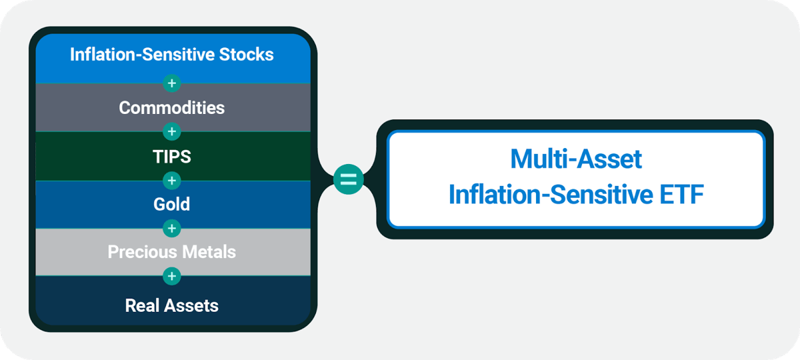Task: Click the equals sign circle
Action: point(349,180)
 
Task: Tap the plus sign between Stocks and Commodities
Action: point(172,83)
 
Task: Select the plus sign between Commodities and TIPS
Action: point(172,131)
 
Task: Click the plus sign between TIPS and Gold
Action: point(172,180)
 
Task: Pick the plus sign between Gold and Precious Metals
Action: point(172,229)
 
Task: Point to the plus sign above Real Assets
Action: point(172,276)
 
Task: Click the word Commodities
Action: point(172,107)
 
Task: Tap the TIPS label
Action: point(172,156)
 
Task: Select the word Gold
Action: point(172,204)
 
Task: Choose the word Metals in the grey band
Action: point(211,253)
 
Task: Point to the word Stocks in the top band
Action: point(246,55)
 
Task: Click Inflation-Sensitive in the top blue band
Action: point(142,55)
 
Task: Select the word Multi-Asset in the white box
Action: point(575,159)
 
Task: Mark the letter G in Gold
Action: point(159,204)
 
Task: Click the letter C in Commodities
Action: point(125,107)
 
